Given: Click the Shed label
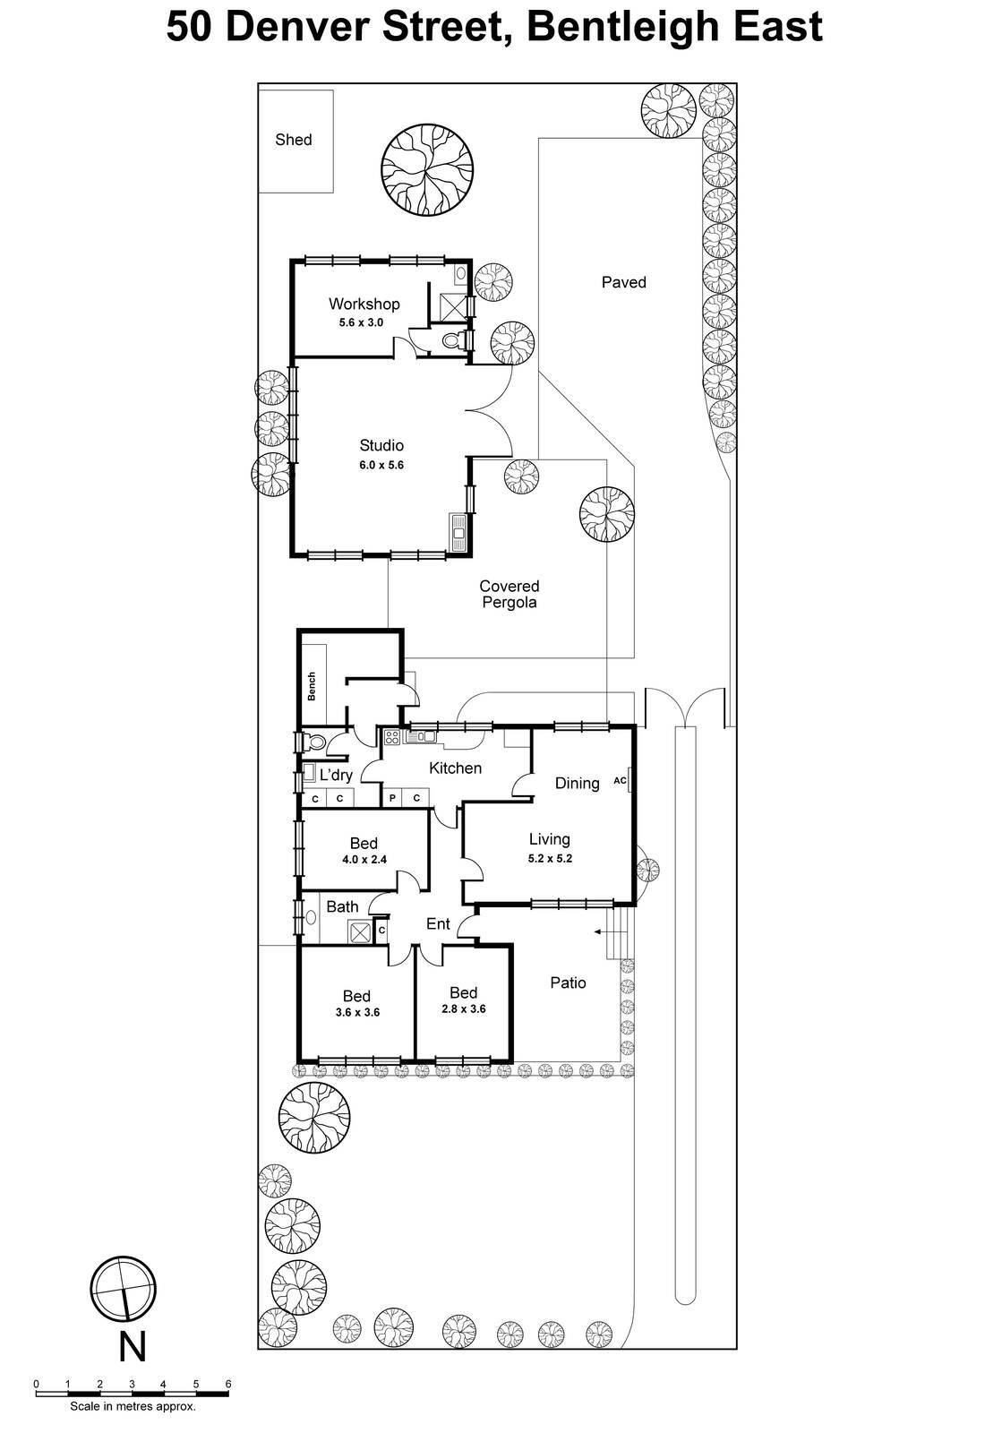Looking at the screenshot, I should coord(293,140).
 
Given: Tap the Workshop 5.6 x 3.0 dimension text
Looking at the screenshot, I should coord(361,322).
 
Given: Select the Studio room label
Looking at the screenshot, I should coord(381,445).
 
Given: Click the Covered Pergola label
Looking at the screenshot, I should coord(509,594).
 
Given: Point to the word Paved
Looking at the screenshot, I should coord(623,282).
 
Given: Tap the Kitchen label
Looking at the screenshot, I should coord(455,768).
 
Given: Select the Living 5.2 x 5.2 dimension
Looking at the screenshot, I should coord(550,858).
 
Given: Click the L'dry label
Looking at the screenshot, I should coord(336,775).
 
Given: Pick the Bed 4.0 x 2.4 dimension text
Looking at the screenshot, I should coord(364,860).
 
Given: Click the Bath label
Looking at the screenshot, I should coord(342,906).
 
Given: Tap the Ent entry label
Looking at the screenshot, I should coord(438,923).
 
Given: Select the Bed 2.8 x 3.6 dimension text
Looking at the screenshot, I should coord(463,1008).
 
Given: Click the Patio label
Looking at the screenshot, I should coord(568,983).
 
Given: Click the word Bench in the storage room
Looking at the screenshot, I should coord(312,686).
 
